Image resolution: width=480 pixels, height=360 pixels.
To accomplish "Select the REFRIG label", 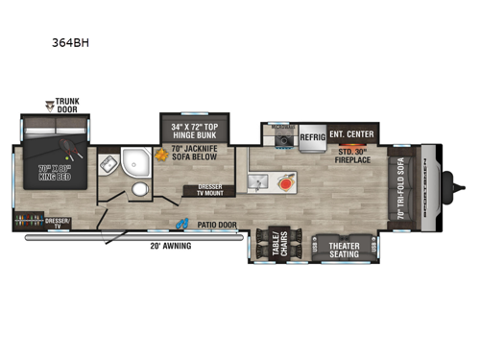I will pyautogui.click(x=312, y=138).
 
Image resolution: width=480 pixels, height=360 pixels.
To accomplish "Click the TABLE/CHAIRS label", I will pyautogui.click(x=277, y=245).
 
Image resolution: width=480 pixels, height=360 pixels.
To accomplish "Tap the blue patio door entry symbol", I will pyautogui.click(x=180, y=225).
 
